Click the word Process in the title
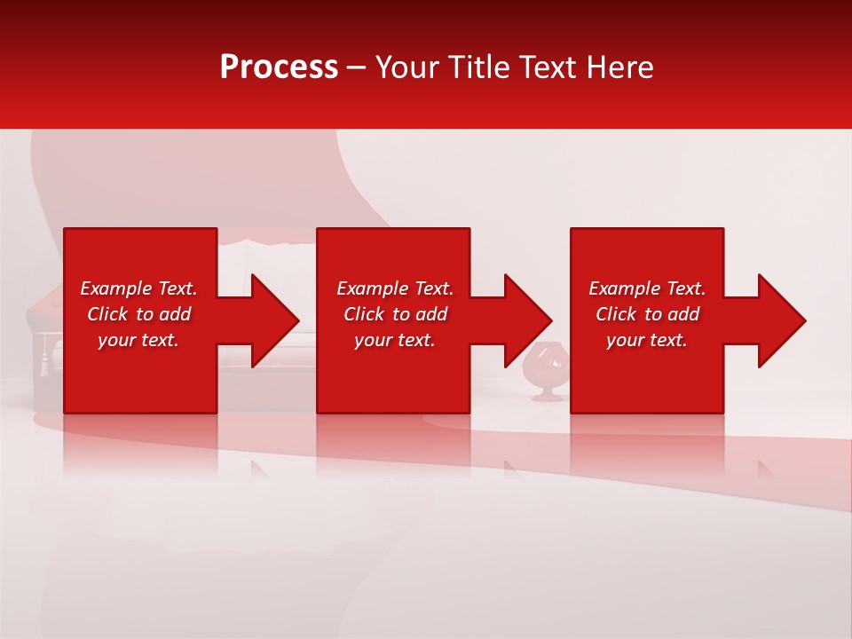click(x=279, y=67)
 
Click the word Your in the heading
click(x=408, y=67)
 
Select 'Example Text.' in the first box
click(x=138, y=288)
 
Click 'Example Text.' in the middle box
click(x=395, y=288)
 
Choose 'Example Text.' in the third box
click(x=647, y=288)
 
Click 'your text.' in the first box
click(x=138, y=340)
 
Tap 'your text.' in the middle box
click(x=395, y=340)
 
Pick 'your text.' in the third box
click(x=647, y=340)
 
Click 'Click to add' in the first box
click(x=138, y=314)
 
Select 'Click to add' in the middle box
click(x=395, y=314)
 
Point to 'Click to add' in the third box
click(x=647, y=314)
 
